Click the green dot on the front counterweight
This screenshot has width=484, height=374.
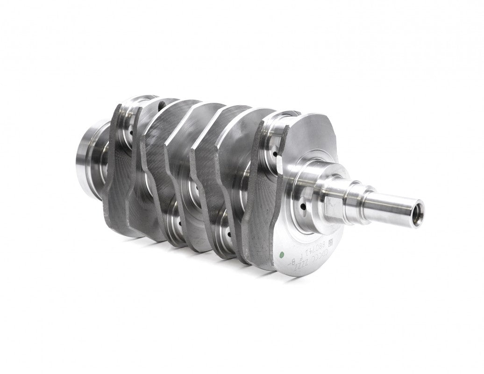[281, 255]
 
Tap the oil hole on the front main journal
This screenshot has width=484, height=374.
[303, 206]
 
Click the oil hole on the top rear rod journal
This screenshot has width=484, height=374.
[132, 133]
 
